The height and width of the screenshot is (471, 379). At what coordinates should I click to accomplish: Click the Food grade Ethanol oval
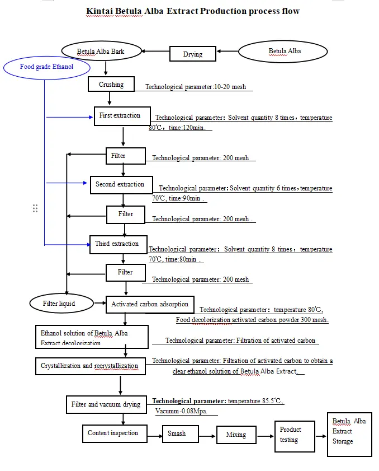(x=46, y=68)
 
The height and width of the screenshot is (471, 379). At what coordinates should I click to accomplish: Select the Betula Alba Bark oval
(x=101, y=52)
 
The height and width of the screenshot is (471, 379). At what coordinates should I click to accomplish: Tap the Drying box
(x=193, y=54)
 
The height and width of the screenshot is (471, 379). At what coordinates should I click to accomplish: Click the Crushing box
(x=112, y=85)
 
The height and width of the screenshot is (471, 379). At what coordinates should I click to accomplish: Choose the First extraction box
(x=122, y=116)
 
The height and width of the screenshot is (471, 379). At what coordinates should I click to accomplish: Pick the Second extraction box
(x=120, y=185)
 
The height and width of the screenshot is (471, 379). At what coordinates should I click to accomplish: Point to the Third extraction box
(x=118, y=244)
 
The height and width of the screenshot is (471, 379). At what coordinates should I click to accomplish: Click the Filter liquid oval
(x=59, y=304)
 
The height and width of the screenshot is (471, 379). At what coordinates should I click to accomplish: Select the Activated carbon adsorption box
(x=150, y=305)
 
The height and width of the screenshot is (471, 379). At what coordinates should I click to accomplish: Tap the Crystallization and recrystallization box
(x=90, y=366)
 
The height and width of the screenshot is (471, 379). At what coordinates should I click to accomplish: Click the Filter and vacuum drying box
(x=106, y=404)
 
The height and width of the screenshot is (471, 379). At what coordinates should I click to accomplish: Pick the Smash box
(x=181, y=434)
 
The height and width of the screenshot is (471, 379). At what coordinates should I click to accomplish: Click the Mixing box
(x=236, y=435)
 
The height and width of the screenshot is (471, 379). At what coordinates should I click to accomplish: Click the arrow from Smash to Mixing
(x=208, y=435)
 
